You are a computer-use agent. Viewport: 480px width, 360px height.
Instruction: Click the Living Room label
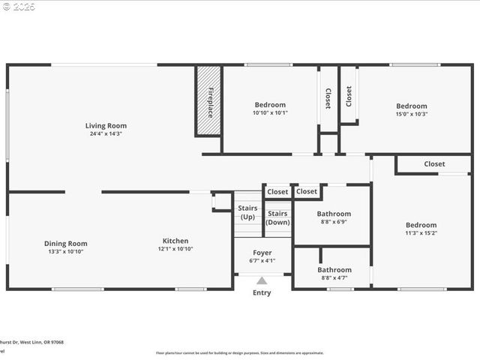pyautogui.click(x=105, y=126)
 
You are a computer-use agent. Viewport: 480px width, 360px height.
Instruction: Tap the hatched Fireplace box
pyautogui.click(x=209, y=101)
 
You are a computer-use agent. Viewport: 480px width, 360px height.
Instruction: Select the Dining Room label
pyautogui.click(x=65, y=243)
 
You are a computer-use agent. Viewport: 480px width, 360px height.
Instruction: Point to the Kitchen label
pyautogui.click(x=175, y=241)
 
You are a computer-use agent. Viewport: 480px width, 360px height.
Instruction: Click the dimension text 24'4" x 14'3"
pyautogui.click(x=105, y=134)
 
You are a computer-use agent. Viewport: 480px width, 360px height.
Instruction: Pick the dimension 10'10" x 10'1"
pyautogui.click(x=270, y=113)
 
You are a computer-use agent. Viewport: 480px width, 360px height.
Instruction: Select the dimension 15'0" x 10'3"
pyautogui.click(x=411, y=114)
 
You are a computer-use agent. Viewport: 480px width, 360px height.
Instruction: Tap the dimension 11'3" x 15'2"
pyautogui.click(x=421, y=232)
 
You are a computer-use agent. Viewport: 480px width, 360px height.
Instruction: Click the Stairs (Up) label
pyautogui.click(x=247, y=212)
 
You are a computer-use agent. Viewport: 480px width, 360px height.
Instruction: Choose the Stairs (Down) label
pyautogui.click(x=277, y=217)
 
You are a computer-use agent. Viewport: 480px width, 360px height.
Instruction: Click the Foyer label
pyautogui.click(x=262, y=253)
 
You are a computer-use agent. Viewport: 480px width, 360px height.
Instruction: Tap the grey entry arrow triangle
pyautogui.click(x=262, y=280)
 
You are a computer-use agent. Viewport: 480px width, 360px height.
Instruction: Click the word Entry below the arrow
pyautogui.click(x=262, y=292)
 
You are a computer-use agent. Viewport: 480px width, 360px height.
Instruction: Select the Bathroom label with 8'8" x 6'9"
pyautogui.click(x=334, y=214)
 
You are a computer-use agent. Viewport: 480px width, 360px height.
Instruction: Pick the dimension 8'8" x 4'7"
pyautogui.click(x=334, y=277)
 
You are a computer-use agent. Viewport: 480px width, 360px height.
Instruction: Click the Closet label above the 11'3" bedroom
pyautogui.click(x=434, y=163)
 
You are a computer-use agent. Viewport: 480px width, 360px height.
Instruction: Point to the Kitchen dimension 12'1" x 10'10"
pyautogui.click(x=175, y=249)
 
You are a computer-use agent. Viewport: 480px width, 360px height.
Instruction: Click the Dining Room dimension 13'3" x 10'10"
pyautogui.click(x=65, y=251)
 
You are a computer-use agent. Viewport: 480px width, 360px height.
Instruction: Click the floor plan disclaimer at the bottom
pyautogui.click(x=240, y=352)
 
